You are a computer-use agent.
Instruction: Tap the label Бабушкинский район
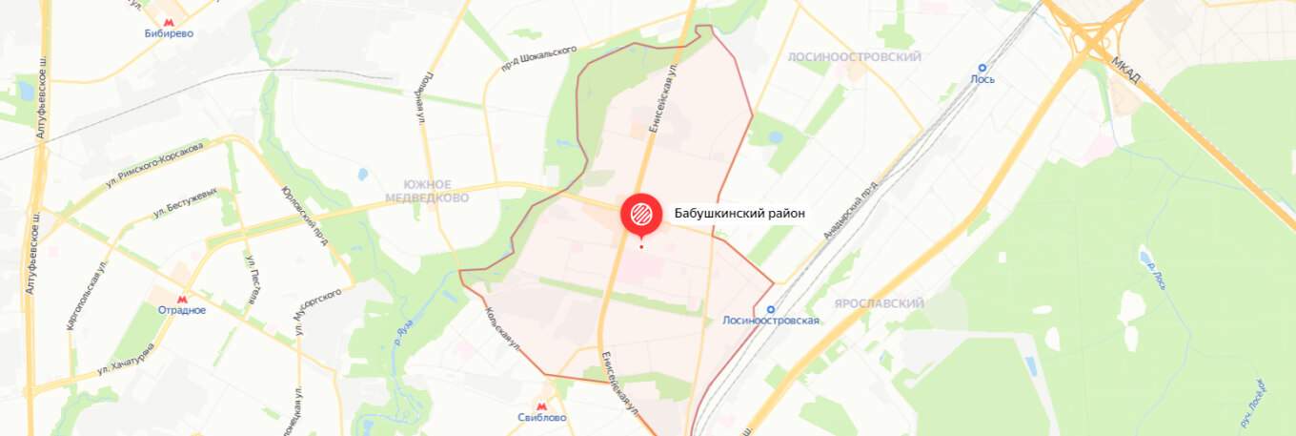click(739, 214)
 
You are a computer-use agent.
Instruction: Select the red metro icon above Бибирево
click(169, 19)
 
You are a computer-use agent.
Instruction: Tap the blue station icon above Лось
click(982, 67)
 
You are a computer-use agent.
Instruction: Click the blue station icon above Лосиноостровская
click(771, 308)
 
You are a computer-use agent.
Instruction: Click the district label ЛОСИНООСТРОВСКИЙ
click(855, 57)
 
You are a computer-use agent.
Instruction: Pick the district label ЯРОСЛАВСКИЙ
click(879, 303)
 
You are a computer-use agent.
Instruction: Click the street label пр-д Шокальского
click(539, 58)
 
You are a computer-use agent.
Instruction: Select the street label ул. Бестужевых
click(186, 203)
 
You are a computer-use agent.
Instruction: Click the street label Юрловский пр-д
click(306, 214)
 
